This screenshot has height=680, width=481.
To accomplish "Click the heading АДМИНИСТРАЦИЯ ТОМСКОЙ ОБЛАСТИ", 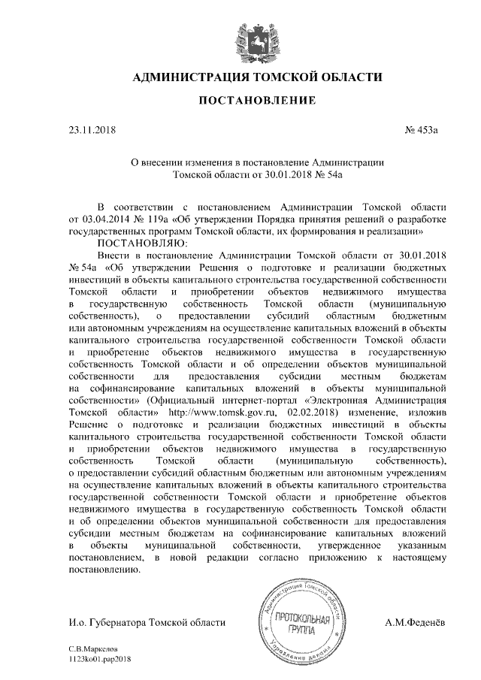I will (257, 77).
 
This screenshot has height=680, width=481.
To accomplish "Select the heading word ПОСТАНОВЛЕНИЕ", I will (257, 101).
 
